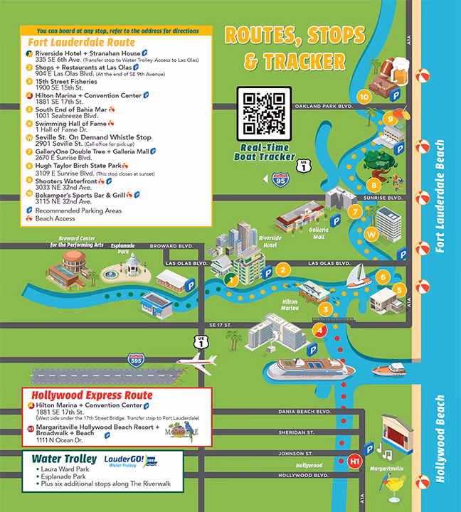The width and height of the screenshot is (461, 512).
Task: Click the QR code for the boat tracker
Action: (264, 114)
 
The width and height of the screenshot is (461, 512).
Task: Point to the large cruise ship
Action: (311, 370)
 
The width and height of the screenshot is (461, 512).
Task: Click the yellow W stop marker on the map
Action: (370, 233)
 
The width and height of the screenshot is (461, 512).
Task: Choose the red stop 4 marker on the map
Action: (320, 331)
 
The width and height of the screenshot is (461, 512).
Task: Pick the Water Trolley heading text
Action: (61, 458)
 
